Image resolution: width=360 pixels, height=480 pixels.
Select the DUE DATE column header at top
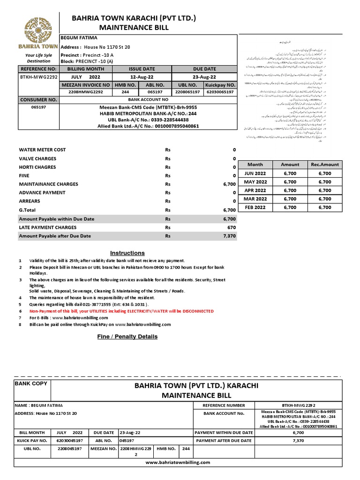click(x=204, y=69)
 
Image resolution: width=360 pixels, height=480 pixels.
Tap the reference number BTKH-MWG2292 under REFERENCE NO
click(x=38, y=77)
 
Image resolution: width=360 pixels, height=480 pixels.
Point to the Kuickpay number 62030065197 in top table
click(x=220, y=92)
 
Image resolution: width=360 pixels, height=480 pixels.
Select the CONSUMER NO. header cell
click(x=38, y=100)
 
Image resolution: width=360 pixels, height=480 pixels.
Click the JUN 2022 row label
click(x=255, y=173)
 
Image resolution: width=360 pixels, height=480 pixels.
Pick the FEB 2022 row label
click(x=255, y=207)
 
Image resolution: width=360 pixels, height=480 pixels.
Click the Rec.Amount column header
click(x=324, y=165)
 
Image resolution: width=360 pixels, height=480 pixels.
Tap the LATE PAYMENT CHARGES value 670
click(x=231, y=227)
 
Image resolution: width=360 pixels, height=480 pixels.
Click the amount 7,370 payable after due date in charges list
click(x=229, y=236)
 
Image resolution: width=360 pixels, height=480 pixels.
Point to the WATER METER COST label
click(x=42, y=150)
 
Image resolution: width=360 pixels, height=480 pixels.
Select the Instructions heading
click(x=127, y=253)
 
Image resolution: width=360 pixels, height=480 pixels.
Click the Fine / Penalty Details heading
click(x=127, y=337)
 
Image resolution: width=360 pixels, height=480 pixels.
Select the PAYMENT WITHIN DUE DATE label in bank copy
click(x=224, y=433)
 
